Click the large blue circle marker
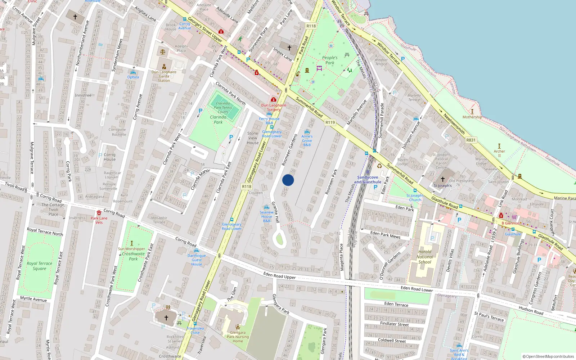[x=288, y=180]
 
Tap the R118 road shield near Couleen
[x=247, y=186]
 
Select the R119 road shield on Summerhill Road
[x=330, y=122]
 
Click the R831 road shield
[x=471, y=140]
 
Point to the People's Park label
[x=330, y=60]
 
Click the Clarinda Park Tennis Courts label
[x=223, y=108]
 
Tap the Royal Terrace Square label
[x=39, y=266]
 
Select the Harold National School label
[x=425, y=257]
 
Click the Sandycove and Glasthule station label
[x=368, y=180]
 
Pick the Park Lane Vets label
[x=99, y=220]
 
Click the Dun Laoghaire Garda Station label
[x=164, y=76]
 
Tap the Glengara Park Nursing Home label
[x=238, y=337]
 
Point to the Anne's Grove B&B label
[x=307, y=140]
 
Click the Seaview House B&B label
[x=266, y=216]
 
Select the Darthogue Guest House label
[x=197, y=260]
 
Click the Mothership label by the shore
[x=472, y=117]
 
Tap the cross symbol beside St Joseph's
[x=443, y=179]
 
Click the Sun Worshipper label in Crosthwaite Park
[x=131, y=249]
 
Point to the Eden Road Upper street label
[x=279, y=275]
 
